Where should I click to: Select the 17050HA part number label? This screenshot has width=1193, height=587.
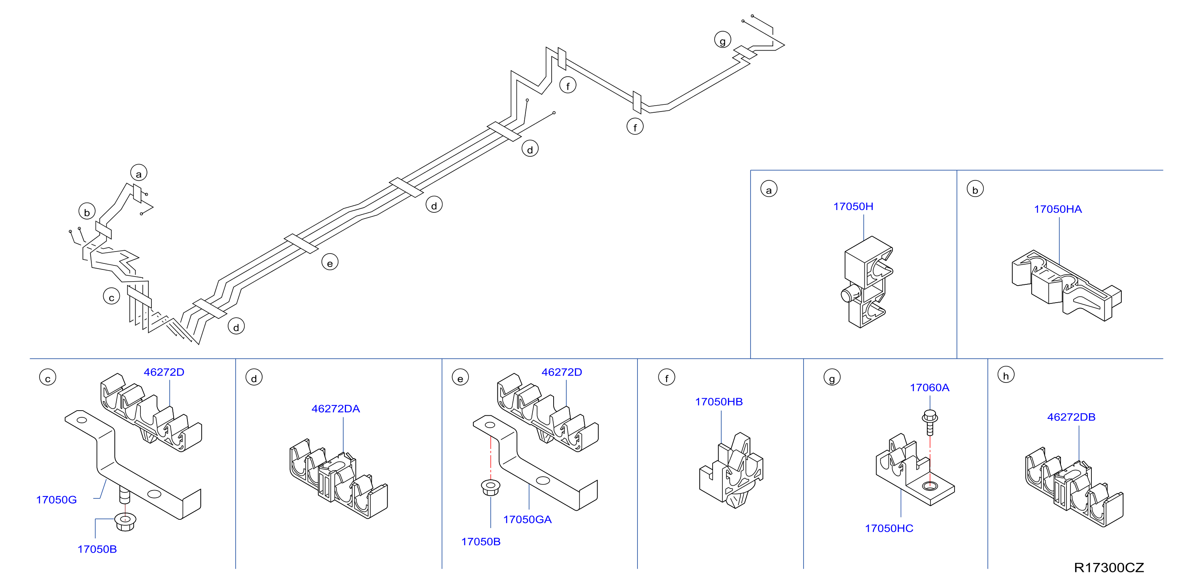coord(1058,209)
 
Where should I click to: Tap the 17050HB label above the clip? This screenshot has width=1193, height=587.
coord(719,401)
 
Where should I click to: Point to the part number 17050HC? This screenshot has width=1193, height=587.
coord(889,528)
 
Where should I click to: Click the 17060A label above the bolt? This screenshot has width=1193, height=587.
coord(930,387)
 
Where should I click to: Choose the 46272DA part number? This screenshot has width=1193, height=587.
coord(335,409)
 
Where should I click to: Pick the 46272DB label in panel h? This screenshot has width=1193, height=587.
coord(1071,417)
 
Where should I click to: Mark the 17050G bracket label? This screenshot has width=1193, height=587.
coord(57,500)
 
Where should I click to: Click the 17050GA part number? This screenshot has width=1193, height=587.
coord(527,519)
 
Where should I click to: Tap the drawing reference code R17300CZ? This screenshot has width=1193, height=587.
coord(1109,568)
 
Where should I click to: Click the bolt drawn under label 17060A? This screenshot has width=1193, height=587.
coord(930,422)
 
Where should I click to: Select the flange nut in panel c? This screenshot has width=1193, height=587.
coord(125,522)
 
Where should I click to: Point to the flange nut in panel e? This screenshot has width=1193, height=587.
coord(490,488)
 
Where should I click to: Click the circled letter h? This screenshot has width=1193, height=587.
coord(1006,375)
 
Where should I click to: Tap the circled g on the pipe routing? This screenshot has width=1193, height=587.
coord(722,40)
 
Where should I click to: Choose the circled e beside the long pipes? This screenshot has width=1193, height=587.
coord(330,262)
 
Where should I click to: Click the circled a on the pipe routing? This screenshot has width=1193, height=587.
coord(138,173)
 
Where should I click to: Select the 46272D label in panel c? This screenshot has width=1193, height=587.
coord(164,372)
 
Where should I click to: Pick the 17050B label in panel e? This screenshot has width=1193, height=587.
coord(481,542)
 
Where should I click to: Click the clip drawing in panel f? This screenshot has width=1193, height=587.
coord(731,470)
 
